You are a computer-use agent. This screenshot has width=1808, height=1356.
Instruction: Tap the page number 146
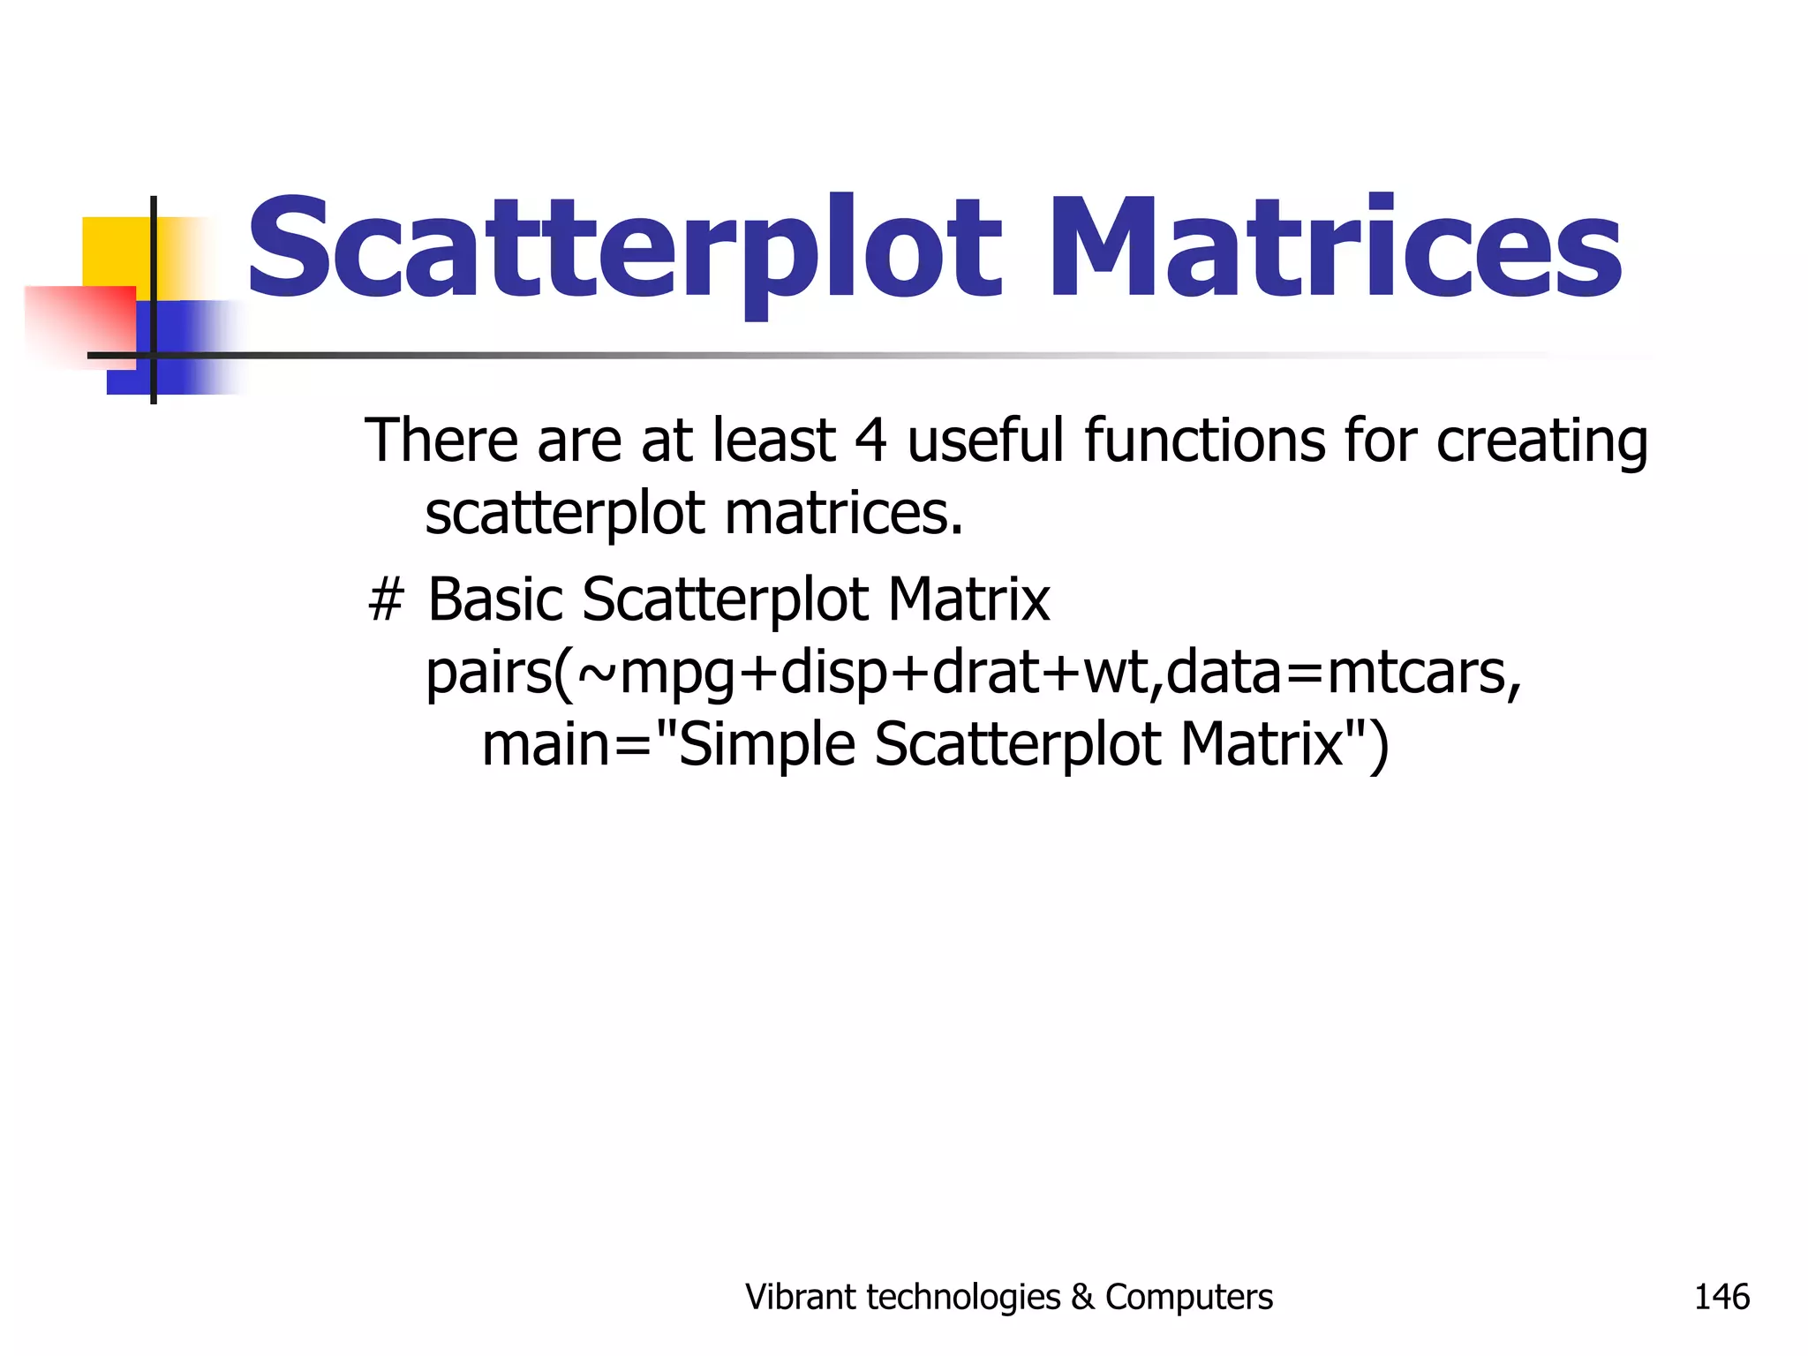[1721, 1297]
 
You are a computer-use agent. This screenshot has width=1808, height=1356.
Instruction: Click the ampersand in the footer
[1081, 1298]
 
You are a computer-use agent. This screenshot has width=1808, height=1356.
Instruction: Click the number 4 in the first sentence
[870, 441]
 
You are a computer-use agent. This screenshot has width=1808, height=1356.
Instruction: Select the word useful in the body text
[985, 441]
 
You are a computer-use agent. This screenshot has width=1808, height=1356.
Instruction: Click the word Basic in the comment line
[495, 599]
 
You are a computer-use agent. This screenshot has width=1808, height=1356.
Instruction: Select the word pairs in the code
[488, 674]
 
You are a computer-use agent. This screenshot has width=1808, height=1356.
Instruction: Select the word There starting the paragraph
[442, 441]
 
